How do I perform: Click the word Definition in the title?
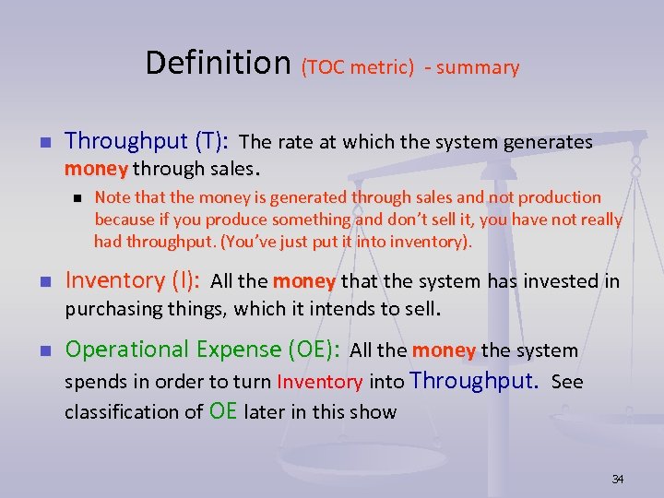(x=218, y=63)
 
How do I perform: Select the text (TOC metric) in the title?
(x=357, y=67)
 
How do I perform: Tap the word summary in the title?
(x=478, y=67)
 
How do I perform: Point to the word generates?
(x=548, y=142)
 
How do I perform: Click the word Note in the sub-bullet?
(x=112, y=196)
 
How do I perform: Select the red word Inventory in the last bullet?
(x=319, y=382)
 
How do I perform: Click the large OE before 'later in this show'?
(x=223, y=410)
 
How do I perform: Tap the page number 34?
(x=618, y=479)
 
